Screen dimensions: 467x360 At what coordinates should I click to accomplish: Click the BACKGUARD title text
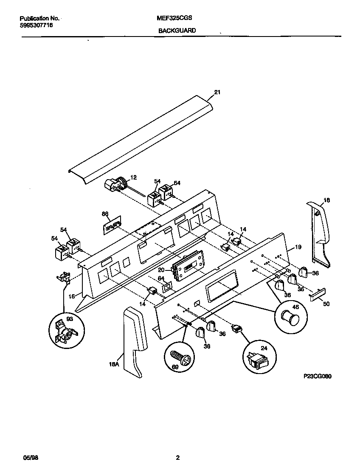(177, 31)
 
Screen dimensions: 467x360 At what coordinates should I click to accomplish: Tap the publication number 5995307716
(37, 25)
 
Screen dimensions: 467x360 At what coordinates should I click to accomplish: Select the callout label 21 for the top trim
(217, 93)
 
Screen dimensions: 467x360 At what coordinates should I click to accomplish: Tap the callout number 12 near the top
(133, 178)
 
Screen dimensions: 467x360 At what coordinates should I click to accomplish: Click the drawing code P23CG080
(317, 376)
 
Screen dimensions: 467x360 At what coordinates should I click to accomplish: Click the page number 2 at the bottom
(178, 458)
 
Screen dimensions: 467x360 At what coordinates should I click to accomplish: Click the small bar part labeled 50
(318, 294)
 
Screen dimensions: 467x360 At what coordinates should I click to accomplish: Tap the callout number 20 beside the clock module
(161, 270)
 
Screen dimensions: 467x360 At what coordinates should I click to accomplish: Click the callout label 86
(105, 214)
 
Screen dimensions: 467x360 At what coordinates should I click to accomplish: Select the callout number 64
(161, 279)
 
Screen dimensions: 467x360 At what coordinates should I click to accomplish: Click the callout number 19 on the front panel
(298, 247)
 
